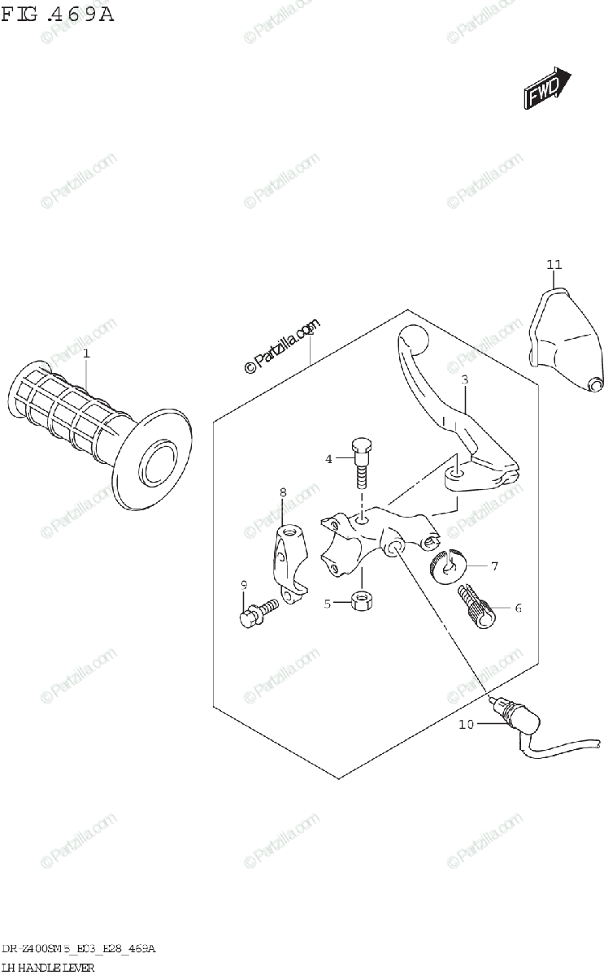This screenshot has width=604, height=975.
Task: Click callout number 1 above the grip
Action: tap(86, 353)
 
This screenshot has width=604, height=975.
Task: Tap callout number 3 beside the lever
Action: tap(464, 379)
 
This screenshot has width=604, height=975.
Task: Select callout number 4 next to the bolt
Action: tap(329, 459)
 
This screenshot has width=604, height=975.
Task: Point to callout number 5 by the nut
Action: tap(328, 604)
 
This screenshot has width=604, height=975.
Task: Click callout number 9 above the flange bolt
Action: tap(242, 585)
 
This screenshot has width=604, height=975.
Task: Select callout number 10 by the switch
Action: tap(466, 725)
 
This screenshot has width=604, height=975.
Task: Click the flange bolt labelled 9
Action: tap(257, 613)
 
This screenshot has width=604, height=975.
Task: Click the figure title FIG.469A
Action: tap(56, 15)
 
